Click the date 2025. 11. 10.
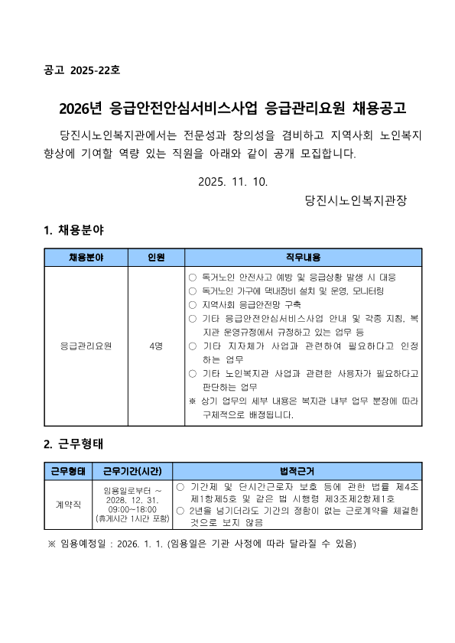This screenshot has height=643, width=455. [x=232, y=182]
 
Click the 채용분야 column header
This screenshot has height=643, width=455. [x=86, y=258]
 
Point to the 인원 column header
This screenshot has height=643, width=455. [x=156, y=258]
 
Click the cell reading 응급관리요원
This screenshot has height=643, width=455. [x=86, y=346]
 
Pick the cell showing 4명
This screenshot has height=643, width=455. [x=156, y=346]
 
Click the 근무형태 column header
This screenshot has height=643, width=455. [x=68, y=471]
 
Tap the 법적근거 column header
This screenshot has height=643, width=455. [x=297, y=471]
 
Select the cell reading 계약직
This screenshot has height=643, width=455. [x=68, y=505]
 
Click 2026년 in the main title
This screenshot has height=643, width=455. [x=82, y=107]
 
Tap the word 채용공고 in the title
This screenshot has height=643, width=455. [x=372, y=107]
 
